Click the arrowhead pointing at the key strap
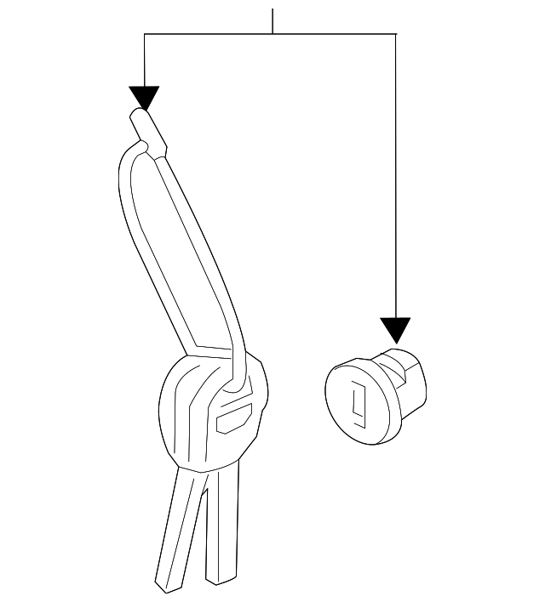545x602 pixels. coord(145,98)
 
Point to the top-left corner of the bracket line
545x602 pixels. coord(145,34)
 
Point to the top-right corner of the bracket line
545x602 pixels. coord(396,34)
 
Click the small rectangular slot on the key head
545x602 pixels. coord(234,420)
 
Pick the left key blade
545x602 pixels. coord(177,527)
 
